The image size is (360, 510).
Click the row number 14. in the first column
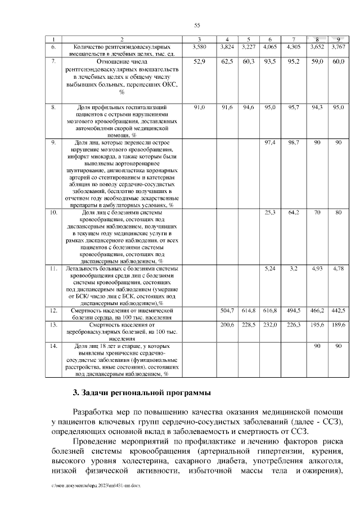point(54,346)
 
